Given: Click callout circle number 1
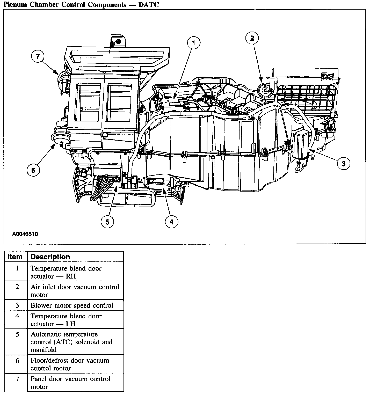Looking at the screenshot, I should pos(194,43).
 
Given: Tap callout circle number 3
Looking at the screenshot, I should pos(344,163).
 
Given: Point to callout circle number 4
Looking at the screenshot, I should pos(171,222).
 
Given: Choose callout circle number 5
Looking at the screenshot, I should pos(107,222).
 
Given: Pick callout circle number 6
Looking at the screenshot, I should pos(33,170).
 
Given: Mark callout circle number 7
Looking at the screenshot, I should pos(38,56).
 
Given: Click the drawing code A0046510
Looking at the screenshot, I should pos(25,234).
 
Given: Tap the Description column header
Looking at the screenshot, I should pos(50,257).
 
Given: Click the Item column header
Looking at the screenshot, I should pos(15,257).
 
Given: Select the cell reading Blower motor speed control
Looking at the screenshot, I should pos(72,305).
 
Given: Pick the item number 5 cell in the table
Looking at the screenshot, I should pos(17,334).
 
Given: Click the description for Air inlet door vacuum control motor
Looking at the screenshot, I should pos(75,291).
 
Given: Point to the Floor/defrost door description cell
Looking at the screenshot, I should pos(70,364).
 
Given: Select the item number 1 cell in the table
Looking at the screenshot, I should pos(17,268).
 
